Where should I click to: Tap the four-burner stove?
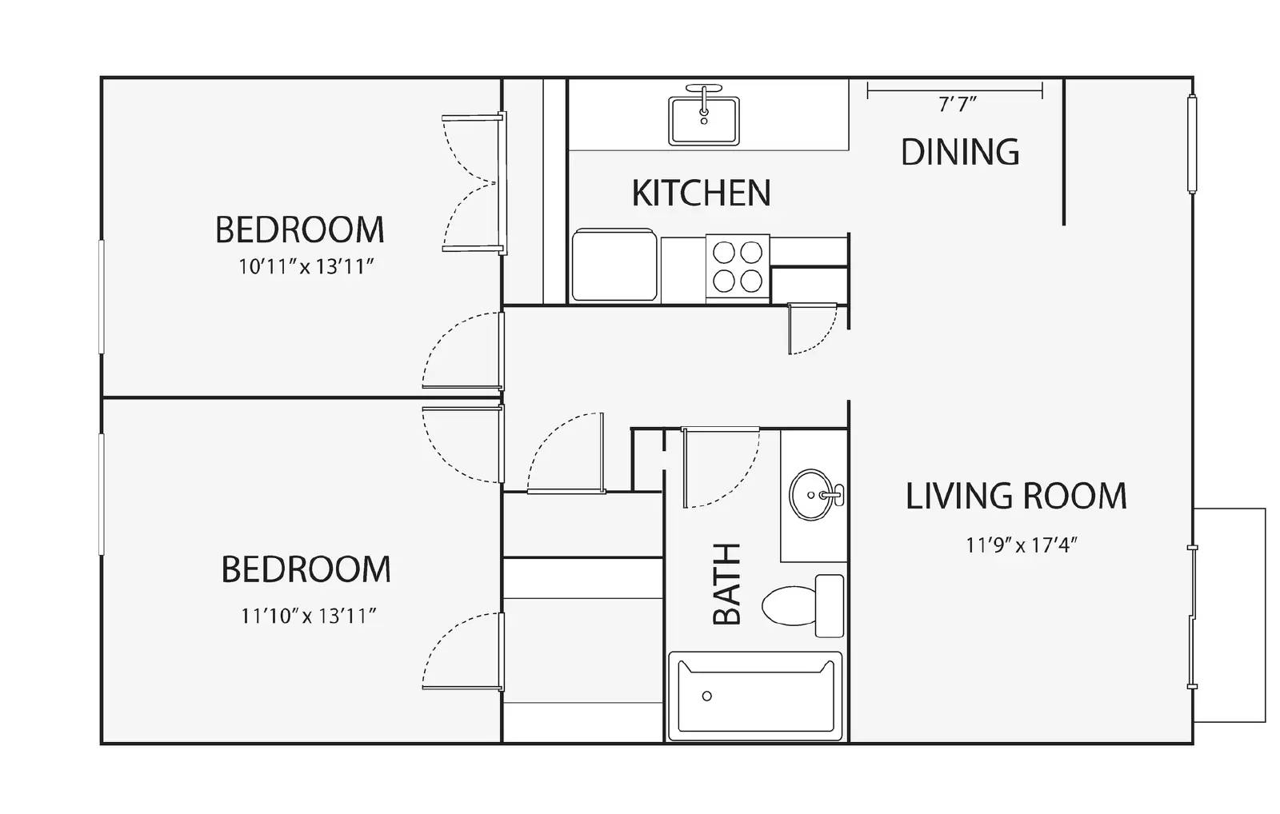point(738,266)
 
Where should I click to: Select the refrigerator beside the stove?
point(614,265)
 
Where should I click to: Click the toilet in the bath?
point(803,605)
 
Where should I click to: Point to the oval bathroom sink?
point(811,495)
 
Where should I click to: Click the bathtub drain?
point(707,696)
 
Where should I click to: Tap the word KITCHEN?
point(701,193)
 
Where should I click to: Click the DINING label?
point(960,152)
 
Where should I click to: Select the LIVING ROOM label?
point(1016,496)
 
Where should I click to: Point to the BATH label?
point(727,584)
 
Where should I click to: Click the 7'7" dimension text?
point(957,105)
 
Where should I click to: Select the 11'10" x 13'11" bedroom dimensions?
point(309,616)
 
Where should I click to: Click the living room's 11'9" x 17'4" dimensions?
point(1021,545)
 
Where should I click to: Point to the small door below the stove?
point(813,329)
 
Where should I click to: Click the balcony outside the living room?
point(1230,615)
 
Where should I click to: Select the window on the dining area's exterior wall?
point(1192,144)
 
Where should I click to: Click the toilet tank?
point(829,605)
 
